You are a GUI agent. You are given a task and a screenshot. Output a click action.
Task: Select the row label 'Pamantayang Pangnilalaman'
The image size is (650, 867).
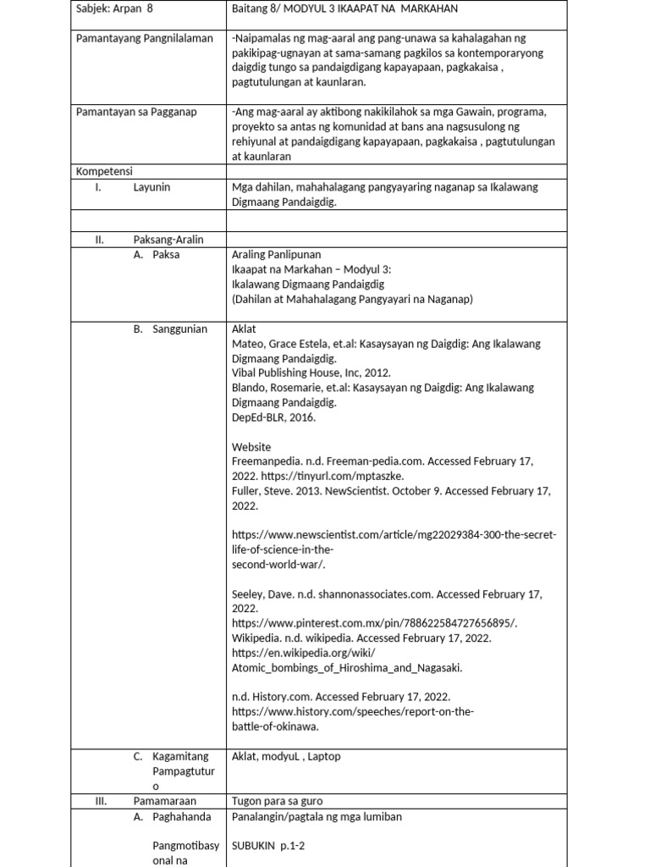pos(144,39)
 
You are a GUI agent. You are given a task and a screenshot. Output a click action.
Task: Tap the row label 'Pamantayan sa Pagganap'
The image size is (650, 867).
pos(134,112)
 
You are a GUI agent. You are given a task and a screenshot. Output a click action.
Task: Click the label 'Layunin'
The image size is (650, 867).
pos(151,187)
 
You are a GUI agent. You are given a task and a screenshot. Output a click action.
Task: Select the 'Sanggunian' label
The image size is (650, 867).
pos(179,329)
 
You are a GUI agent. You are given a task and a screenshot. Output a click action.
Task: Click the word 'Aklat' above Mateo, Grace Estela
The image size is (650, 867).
pos(245,329)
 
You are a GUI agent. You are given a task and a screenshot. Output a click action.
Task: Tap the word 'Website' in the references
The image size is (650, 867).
pos(251,446)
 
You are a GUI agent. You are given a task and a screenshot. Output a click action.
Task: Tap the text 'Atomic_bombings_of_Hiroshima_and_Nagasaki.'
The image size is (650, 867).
pos(347,667)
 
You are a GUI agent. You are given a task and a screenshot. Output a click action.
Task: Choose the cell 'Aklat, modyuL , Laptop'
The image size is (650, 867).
pos(286,756)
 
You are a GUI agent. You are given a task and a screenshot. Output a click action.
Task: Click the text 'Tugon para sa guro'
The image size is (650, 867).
pos(277,800)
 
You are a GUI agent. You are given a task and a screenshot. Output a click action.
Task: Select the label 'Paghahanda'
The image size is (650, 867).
pos(179,817)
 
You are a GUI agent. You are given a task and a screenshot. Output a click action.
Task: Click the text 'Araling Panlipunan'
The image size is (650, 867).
pos(276,254)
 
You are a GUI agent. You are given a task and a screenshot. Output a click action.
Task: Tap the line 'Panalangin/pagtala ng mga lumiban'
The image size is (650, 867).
pos(317,817)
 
